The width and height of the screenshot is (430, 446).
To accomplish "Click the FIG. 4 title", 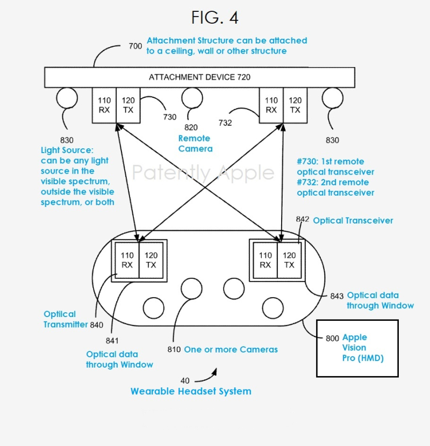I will tap(215, 18).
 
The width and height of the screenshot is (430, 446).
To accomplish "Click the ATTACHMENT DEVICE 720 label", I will tap(199, 77).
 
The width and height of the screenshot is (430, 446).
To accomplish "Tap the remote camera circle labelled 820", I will tap(191, 98).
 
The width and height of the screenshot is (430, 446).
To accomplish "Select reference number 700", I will tap(135, 46).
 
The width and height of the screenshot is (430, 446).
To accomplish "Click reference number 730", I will tap(170, 117).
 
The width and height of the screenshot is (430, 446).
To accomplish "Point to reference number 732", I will tap(225, 123).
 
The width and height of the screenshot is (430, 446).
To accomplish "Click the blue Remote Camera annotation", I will tap(195, 143).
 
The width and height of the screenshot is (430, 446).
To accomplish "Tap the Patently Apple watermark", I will tap(203, 173).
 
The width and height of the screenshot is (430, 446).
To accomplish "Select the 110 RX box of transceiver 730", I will tap(104, 105).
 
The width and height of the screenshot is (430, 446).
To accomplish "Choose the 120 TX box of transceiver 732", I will tap(295, 105).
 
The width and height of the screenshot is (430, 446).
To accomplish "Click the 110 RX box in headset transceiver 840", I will tap(127, 260).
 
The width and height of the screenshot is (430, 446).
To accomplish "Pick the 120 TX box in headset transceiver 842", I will tap(289, 260).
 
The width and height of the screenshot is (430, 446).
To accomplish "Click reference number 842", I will tap(303, 219).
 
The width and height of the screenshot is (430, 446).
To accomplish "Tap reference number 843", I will tap(337, 296).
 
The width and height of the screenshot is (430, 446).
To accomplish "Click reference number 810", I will tap(175, 350).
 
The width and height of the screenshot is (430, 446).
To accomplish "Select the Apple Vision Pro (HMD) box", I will tap(357, 348).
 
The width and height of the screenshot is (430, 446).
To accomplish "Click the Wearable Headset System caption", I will tap(191, 391).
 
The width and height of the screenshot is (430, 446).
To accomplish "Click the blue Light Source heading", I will tap(67, 150).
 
